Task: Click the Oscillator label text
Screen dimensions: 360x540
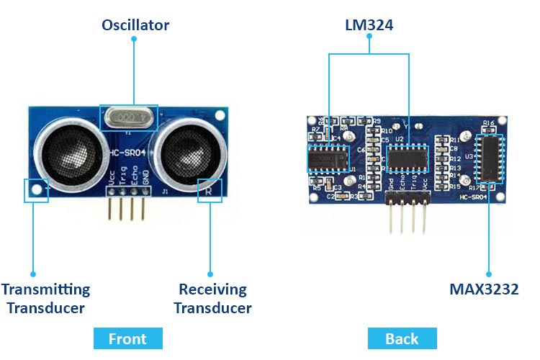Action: coord(135,25)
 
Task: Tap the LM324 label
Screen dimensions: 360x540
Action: coord(369,25)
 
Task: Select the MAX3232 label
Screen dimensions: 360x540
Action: coord(484,289)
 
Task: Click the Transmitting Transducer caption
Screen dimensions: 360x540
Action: coord(45,299)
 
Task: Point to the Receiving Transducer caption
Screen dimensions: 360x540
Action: coord(213,299)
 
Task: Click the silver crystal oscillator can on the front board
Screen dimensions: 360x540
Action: coord(128,117)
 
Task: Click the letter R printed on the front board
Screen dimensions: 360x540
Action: coord(208,191)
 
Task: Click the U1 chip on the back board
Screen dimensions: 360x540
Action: coord(328,158)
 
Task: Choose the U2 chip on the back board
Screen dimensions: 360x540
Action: coord(408,158)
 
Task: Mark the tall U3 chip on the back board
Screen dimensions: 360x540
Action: coord(490,157)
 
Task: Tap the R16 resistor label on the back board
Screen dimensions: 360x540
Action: coord(489,123)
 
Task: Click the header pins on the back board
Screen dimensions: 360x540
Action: coord(408,216)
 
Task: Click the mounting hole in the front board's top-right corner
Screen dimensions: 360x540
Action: coord(221,114)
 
